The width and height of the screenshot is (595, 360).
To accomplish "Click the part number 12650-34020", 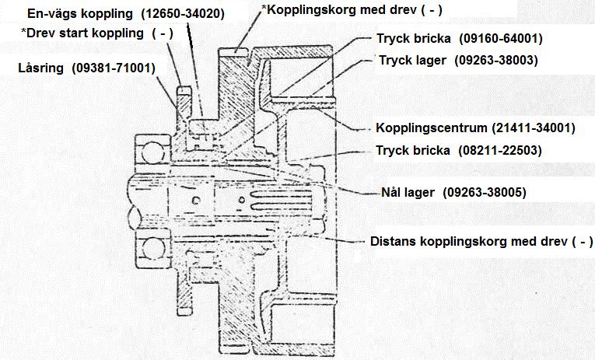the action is pos(183,14).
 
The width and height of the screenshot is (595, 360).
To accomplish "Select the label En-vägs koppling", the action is pos(80,14).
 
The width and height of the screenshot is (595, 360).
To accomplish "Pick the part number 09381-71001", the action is pos(114,68).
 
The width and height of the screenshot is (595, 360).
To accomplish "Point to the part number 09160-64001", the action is pos(501,38).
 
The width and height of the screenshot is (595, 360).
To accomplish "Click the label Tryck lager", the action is pos(412,61).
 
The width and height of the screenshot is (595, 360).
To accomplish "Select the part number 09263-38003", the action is pos(496,61).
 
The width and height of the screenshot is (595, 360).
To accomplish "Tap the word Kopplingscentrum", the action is pos(431,128).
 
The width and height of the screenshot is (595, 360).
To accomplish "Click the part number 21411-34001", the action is pos(534,128).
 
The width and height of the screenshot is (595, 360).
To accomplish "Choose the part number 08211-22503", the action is pos(500,151).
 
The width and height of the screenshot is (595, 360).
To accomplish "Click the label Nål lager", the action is pos(408,192).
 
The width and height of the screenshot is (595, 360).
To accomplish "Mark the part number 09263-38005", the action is pos(485,192).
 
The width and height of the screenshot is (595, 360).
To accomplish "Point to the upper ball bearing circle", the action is pos(153,152).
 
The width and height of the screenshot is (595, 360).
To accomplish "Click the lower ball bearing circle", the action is pos(153,249).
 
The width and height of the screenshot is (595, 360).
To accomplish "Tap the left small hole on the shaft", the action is pos(196,200).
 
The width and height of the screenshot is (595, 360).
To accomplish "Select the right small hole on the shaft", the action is pos(241,200).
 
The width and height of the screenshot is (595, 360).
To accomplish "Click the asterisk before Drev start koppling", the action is pos(23,30).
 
